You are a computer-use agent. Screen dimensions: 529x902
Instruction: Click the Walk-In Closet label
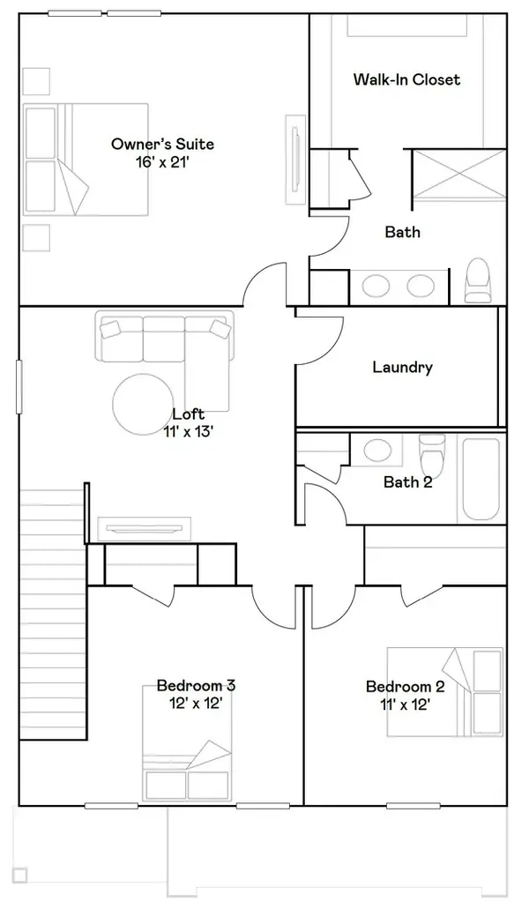pyautogui.click(x=406, y=79)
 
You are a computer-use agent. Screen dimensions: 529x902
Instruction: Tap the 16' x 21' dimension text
pyautogui.click(x=162, y=162)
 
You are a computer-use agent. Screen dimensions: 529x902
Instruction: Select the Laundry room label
pyautogui.click(x=403, y=367)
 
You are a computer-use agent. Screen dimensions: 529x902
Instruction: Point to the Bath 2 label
pyautogui.click(x=407, y=481)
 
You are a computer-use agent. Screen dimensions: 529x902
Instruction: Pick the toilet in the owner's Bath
pyautogui.click(x=477, y=280)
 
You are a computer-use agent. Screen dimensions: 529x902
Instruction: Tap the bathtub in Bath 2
pyautogui.click(x=481, y=479)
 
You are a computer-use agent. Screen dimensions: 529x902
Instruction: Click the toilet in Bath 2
pyautogui.click(x=432, y=452)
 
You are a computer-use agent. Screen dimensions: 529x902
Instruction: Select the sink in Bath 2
pyautogui.click(x=377, y=450)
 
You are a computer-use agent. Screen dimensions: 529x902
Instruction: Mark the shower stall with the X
pyautogui.click(x=459, y=174)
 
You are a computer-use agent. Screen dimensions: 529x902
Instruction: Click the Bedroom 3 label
pyautogui.click(x=196, y=686)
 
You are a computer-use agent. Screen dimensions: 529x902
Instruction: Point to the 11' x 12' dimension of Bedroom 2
pyautogui.click(x=405, y=704)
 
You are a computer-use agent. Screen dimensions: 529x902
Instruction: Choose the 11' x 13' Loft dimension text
pyautogui.click(x=190, y=431)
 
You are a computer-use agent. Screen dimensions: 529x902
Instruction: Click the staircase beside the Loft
pyautogui.click(x=53, y=614)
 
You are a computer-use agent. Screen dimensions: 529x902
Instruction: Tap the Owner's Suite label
pyautogui.click(x=163, y=144)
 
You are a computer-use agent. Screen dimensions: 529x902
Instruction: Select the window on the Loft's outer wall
pyautogui.click(x=19, y=386)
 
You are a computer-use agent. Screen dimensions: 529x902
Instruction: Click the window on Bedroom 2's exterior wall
pyautogui.click(x=413, y=806)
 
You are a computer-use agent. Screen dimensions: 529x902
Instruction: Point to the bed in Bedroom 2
pyautogui.click(x=445, y=692)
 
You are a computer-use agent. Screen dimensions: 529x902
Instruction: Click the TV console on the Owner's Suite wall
pyautogui.click(x=295, y=158)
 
